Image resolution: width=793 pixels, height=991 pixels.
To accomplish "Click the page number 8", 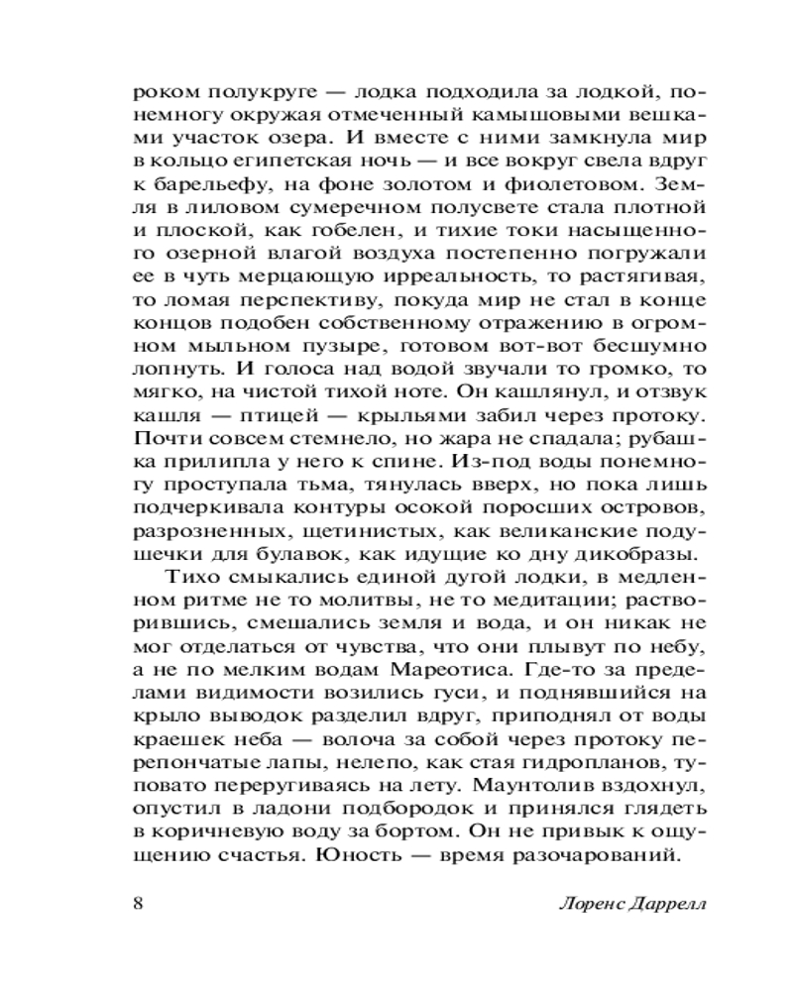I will point(138,905).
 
